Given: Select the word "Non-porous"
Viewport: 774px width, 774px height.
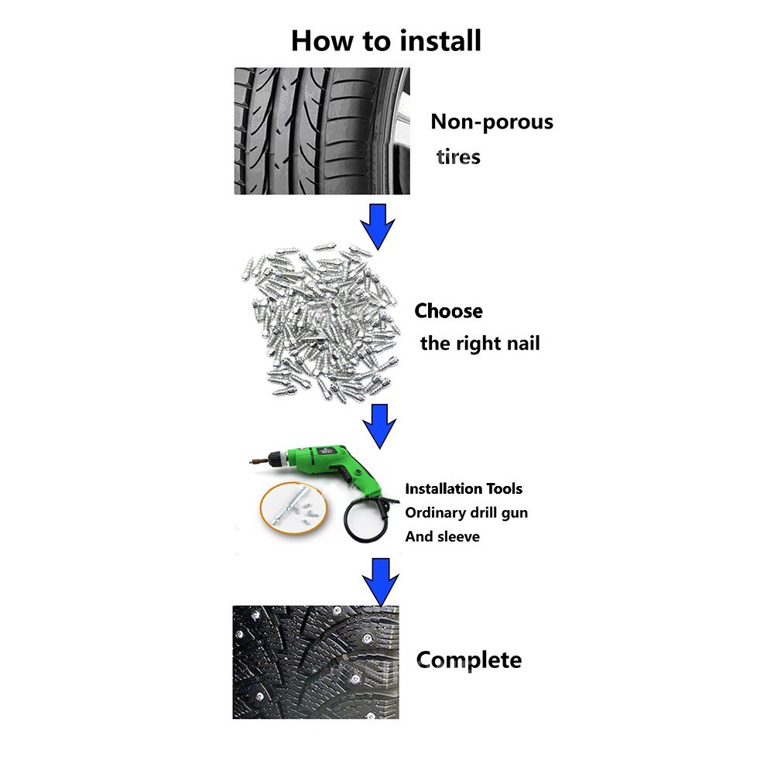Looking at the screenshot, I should pyautogui.click(x=491, y=122).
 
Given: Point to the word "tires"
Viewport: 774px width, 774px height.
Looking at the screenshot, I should pyautogui.click(x=458, y=157).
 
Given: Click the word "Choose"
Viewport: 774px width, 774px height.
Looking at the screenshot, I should pyautogui.click(x=448, y=311).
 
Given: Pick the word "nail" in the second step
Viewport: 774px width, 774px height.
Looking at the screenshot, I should pyautogui.click(x=521, y=343).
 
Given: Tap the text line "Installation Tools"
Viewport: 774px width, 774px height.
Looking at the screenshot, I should pyautogui.click(x=464, y=488).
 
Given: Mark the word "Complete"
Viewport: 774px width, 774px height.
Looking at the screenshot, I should pyautogui.click(x=469, y=660).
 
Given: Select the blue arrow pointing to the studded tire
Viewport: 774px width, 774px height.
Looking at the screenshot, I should pyautogui.click(x=380, y=582).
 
